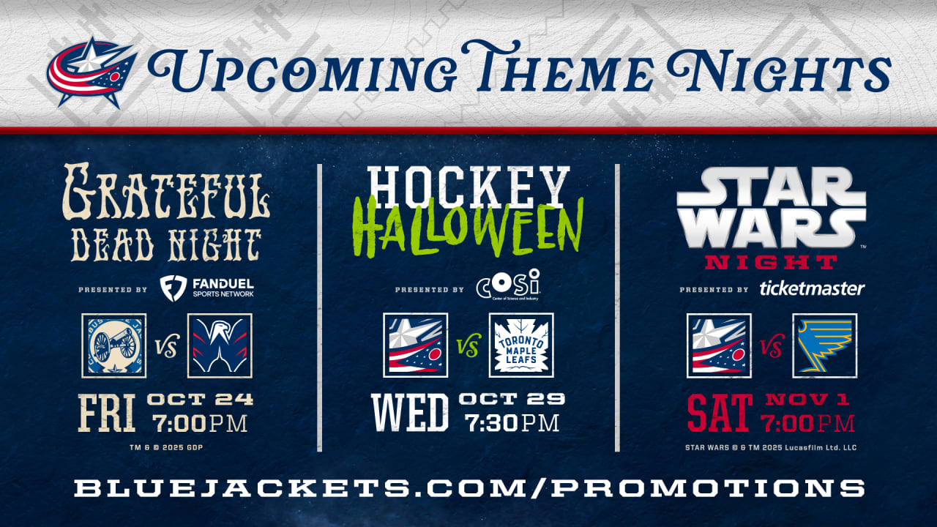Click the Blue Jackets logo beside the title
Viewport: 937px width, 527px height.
(x=92, y=72)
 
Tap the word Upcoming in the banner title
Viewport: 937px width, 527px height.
(x=302, y=69)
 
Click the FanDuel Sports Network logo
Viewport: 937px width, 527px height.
(x=207, y=288)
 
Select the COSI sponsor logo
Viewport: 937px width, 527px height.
(x=508, y=285)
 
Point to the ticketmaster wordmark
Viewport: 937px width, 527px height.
(x=812, y=288)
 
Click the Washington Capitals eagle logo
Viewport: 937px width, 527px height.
(x=220, y=345)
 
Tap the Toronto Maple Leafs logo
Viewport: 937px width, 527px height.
(x=521, y=345)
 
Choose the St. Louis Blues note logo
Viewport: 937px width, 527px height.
(x=825, y=345)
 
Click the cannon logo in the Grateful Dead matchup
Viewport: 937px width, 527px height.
(x=114, y=345)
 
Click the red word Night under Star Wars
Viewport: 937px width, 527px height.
(x=771, y=263)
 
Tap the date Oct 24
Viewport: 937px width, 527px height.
(x=200, y=399)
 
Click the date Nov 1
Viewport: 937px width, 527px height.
(x=807, y=399)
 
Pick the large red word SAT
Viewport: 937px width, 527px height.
(x=720, y=414)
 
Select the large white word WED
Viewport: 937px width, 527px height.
(x=410, y=414)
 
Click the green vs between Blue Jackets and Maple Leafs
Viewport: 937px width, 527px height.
(x=468, y=347)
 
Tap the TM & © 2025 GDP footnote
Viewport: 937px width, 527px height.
(x=166, y=447)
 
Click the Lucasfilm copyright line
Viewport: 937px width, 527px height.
(x=771, y=447)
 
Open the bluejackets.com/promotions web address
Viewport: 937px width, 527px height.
(x=469, y=487)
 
